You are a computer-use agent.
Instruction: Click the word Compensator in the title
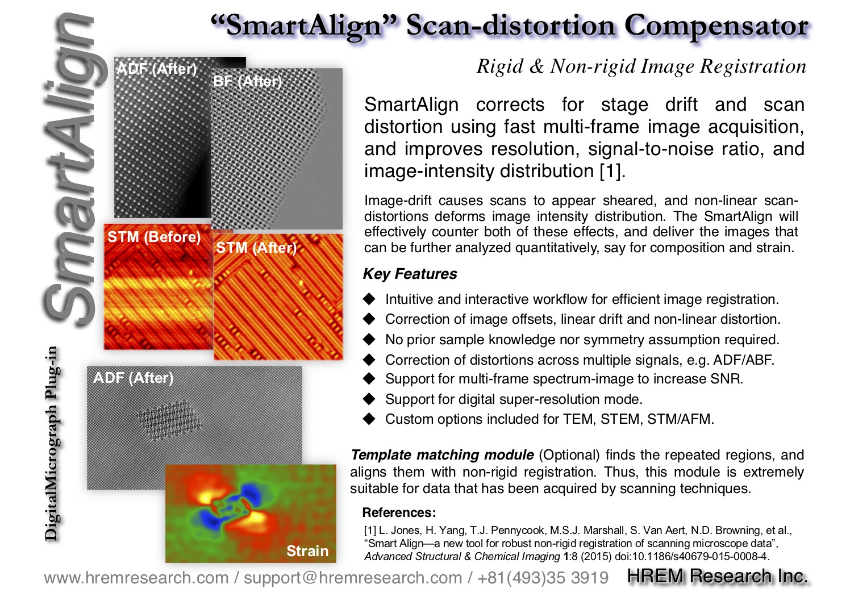point(716,27)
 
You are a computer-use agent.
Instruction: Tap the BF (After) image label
point(248,81)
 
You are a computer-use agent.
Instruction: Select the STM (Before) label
point(154,237)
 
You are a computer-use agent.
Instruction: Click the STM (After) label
point(256,248)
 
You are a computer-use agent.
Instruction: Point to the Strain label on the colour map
point(307,551)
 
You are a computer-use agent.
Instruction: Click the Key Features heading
point(410,274)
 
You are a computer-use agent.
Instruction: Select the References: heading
point(399,512)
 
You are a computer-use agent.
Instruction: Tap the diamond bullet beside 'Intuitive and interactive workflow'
point(369,299)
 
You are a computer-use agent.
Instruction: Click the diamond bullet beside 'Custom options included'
point(369,419)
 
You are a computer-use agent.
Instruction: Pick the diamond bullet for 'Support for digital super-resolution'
point(369,399)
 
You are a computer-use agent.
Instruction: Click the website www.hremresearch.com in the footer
point(136,578)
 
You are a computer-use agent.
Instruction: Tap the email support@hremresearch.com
point(352,578)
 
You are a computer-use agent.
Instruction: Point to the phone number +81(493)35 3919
point(543,578)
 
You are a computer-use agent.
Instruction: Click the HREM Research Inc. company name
point(717,576)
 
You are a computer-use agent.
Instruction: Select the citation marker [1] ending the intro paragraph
point(612,171)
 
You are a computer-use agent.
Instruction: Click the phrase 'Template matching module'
point(442,455)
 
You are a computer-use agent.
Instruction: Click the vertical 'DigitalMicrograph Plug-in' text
point(51,443)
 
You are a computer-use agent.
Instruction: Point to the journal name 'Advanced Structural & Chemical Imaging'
point(462,557)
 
